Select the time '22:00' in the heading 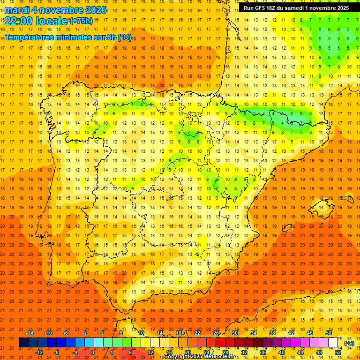tap(19, 21)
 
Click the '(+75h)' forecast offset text tap(81, 21)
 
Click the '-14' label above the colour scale tap(30, 333)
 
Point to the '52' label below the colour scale tap(338, 352)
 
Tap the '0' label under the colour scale tap(93, 352)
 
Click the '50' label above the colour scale tap(329, 333)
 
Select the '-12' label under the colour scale tap(39, 352)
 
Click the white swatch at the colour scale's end tap(333, 343)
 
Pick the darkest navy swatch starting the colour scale tap(23, 343)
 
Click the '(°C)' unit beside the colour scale tap(349, 343)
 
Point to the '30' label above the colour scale tap(235, 333)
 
